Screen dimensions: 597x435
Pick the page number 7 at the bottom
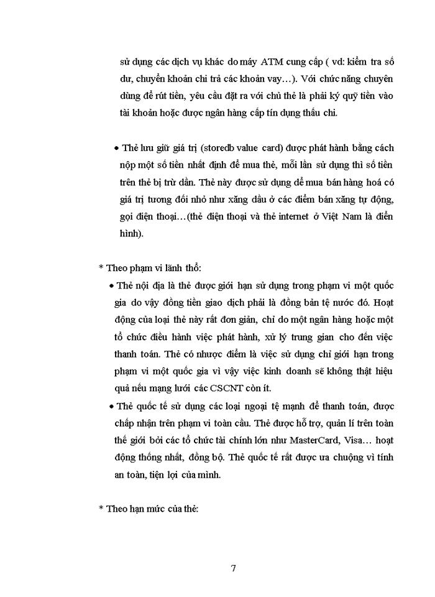coord(233,568)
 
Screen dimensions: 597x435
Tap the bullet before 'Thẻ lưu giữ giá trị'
coord(117,149)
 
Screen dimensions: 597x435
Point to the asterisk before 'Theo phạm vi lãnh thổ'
coord(101,268)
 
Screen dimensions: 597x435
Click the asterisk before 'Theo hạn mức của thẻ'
coord(101,508)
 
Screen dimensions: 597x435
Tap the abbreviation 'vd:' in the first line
coord(334,62)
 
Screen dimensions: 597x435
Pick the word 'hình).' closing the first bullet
coord(132,234)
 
